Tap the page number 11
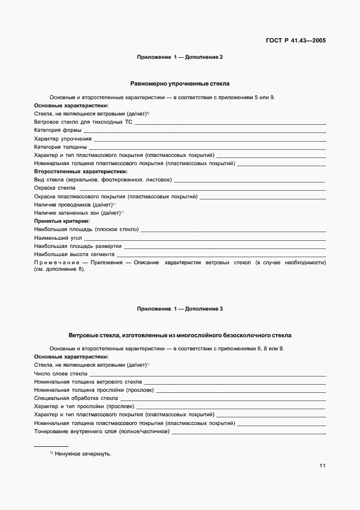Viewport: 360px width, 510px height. (322, 465)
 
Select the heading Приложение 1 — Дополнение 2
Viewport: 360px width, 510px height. (180, 57)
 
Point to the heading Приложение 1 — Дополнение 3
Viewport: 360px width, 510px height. (180, 309)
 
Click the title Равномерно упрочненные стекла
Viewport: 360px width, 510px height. (180, 84)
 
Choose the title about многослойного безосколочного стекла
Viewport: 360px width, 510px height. (180, 336)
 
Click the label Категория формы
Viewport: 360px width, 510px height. (58, 131)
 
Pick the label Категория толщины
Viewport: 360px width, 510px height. (60, 147)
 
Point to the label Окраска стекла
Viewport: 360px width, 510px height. (54, 187)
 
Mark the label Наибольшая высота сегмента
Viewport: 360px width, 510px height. (75, 254)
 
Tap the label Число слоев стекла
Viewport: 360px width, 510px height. (60, 374)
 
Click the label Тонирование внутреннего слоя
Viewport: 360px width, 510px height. (101, 432)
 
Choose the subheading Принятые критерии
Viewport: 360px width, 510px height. (62, 221)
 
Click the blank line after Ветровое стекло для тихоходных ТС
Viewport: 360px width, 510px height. (230, 123)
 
